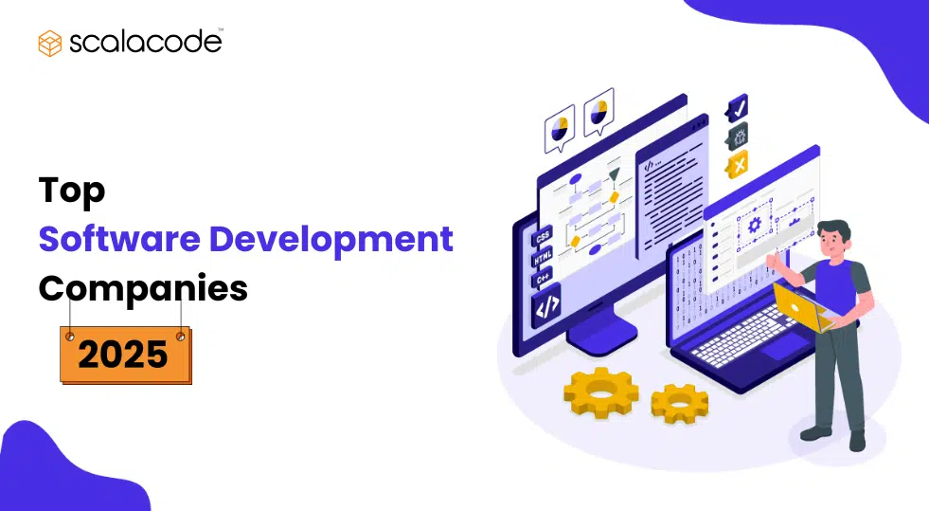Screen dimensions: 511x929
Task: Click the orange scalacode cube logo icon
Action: tap(50, 43)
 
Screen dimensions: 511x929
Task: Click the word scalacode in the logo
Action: tap(144, 43)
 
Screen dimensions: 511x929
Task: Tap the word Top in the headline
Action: tap(72, 191)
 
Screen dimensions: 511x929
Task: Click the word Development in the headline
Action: tap(331, 239)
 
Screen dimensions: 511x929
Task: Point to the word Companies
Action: tap(142, 288)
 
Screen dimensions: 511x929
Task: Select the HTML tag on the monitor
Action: tap(543, 258)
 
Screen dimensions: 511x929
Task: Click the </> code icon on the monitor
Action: tap(547, 305)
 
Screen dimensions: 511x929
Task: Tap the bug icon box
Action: tap(738, 136)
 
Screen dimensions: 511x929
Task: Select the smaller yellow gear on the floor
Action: tap(679, 404)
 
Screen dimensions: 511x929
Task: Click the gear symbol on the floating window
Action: tap(755, 225)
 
